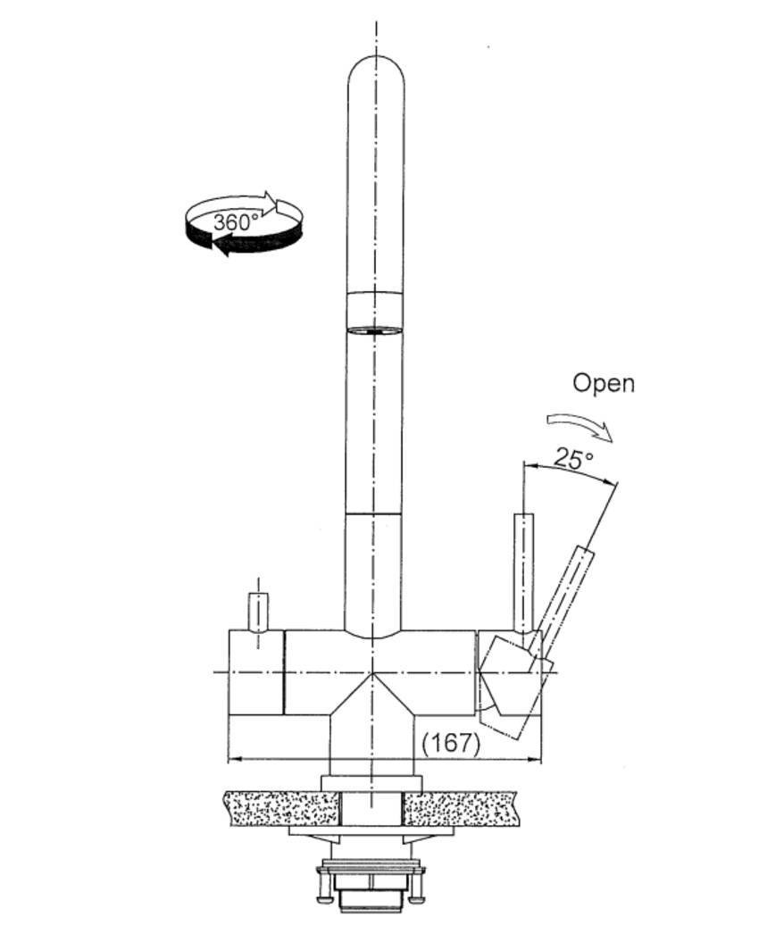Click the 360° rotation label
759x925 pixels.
click(236, 221)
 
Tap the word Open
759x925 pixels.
click(604, 383)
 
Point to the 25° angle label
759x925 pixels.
click(572, 458)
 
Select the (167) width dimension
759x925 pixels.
click(451, 743)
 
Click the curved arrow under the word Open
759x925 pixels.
click(581, 425)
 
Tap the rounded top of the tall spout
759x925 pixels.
click(375, 76)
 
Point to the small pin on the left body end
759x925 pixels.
click(257, 612)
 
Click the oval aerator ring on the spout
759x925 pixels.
click(374, 330)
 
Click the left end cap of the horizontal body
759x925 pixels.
click(256, 671)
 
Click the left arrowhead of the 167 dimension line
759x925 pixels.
click(235, 760)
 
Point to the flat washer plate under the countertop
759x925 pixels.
click(371, 831)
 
